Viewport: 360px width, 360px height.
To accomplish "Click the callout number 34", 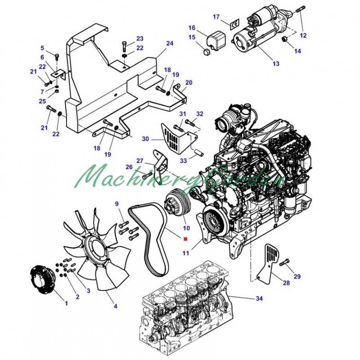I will (x=259, y=298).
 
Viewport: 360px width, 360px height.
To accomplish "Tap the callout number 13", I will (x=276, y=63).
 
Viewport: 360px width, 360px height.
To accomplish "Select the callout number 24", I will (x=170, y=44).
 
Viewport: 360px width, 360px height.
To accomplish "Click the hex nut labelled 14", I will (x=284, y=41).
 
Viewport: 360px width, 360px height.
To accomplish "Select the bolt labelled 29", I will (x=284, y=263).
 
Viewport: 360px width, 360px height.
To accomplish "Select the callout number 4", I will (x=115, y=306).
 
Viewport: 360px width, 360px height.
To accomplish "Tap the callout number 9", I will (x=117, y=205).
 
